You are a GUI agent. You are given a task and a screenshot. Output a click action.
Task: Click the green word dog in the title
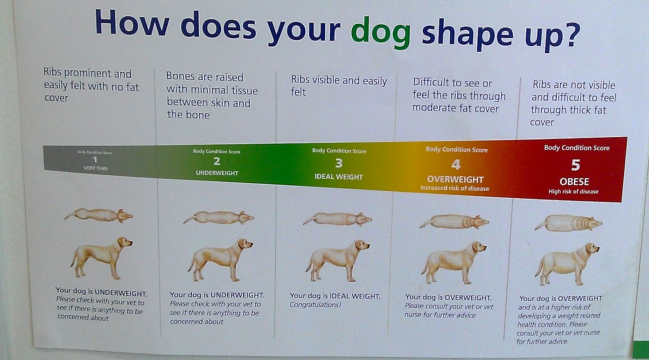pyautogui.click(x=380, y=33)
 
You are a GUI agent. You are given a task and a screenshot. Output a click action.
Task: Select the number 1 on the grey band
pyautogui.click(x=95, y=159)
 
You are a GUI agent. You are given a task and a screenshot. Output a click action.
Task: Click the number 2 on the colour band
pyautogui.click(x=216, y=161)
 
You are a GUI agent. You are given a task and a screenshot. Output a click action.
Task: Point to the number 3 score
pyautogui.click(x=339, y=163)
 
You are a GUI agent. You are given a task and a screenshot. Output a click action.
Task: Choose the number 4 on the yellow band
pyautogui.click(x=456, y=165)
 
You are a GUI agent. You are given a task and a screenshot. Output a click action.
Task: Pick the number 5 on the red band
pyautogui.click(x=575, y=165)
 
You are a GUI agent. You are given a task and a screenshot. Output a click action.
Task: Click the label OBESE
pyautogui.click(x=574, y=181)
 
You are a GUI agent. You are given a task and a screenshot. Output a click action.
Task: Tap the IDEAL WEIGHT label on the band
pyautogui.click(x=339, y=177)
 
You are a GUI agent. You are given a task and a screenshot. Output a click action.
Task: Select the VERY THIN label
pyautogui.click(x=95, y=168)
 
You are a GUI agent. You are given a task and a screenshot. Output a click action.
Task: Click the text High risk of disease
pyautogui.click(x=573, y=192)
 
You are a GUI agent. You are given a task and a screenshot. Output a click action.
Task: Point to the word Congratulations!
pyautogui.click(x=315, y=305)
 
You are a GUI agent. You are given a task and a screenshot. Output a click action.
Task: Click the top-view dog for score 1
pyautogui.click(x=98, y=215)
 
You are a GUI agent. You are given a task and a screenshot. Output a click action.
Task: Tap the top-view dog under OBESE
pyautogui.click(x=568, y=223)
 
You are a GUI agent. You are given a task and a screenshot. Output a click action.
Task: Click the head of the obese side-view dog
pyautogui.click(x=592, y=249)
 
